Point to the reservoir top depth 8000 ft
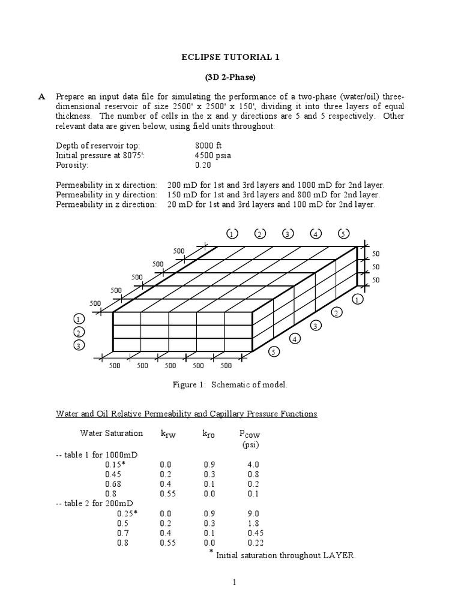(x=209, y=146)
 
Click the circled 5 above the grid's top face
(x=343, y=233)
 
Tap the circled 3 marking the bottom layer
(x=79, y=345)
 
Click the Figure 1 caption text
(x=230, y=384)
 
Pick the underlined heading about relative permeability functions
(x=187, y=414)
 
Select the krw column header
(x=167, y=434)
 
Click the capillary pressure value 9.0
(x=253, y=513)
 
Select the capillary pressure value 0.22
(x=253, y=543)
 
